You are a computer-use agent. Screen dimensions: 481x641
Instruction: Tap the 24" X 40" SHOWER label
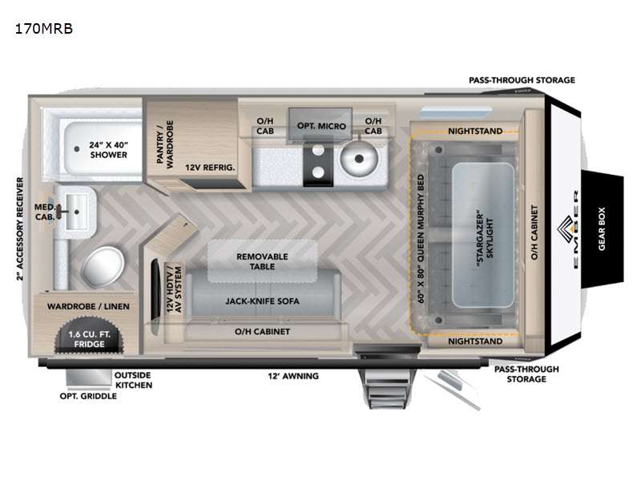click(108, 149)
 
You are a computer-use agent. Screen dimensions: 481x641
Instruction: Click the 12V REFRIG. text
click(210, 167)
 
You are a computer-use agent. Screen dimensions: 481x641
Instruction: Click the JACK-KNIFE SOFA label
click(262, 303)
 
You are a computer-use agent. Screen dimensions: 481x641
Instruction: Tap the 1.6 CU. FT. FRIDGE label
click(90, 338)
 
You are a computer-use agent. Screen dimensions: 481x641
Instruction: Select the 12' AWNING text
click(293, 375)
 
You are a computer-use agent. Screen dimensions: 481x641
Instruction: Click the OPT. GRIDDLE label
click(87, 395)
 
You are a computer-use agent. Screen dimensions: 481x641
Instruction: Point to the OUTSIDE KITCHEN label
click(133, 379)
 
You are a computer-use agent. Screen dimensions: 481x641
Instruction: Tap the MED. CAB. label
click(44, 212)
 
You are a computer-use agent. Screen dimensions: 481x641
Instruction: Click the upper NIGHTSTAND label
click(475, 131)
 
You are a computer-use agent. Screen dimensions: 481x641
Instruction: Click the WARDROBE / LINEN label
click(87, 306)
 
